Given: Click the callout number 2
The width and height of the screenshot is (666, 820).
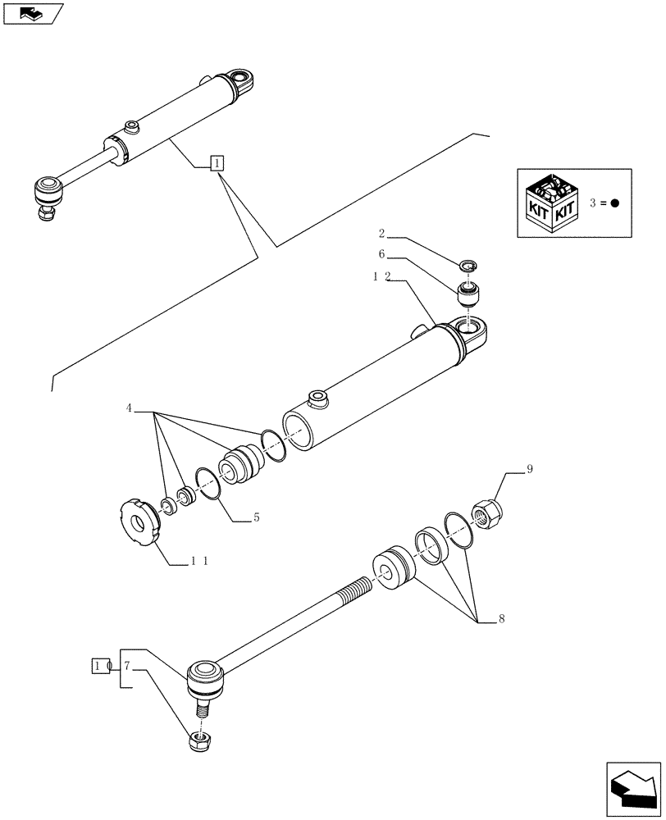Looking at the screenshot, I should pos(382,233).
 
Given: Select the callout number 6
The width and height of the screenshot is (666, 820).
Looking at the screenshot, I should pos(382,255).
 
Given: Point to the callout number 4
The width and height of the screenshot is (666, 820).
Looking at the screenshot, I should pos(129,408).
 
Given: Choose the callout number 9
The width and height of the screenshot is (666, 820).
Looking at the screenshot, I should pos(529,470).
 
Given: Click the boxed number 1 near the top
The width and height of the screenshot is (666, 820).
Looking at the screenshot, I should pos(215,163).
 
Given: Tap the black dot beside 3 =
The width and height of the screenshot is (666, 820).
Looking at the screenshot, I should pos(615,203).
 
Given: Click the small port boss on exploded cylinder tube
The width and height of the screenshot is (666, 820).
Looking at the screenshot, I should pos(317,399).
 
